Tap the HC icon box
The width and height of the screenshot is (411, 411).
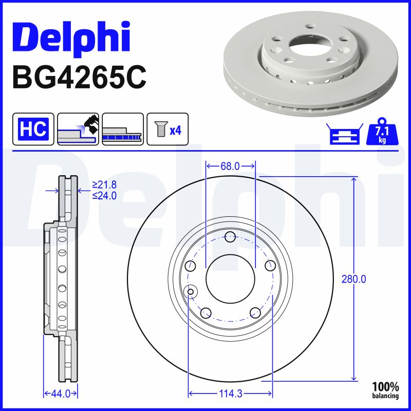33,129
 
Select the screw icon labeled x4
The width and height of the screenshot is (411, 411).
167,129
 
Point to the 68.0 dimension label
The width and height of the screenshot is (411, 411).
230,166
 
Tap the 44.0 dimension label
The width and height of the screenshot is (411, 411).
60,394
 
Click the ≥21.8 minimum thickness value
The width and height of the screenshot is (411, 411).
104,184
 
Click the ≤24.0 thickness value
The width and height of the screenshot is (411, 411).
104,195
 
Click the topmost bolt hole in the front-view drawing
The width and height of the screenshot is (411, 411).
230,237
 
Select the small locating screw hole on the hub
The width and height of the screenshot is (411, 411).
191,292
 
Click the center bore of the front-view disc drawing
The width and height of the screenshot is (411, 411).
230,279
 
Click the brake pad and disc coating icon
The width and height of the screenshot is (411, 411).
78,129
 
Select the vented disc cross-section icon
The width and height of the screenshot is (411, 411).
122,129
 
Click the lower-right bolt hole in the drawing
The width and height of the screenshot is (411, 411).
255,312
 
